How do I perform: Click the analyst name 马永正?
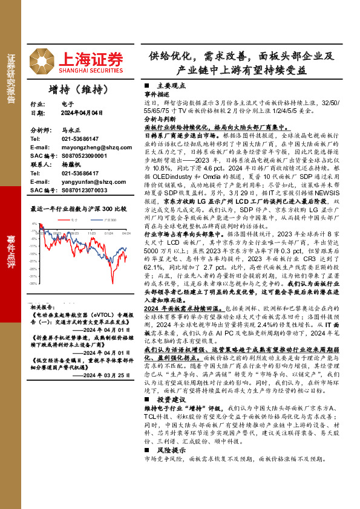tap(70, 129)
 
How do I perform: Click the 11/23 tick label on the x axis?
tap(91, 232)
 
